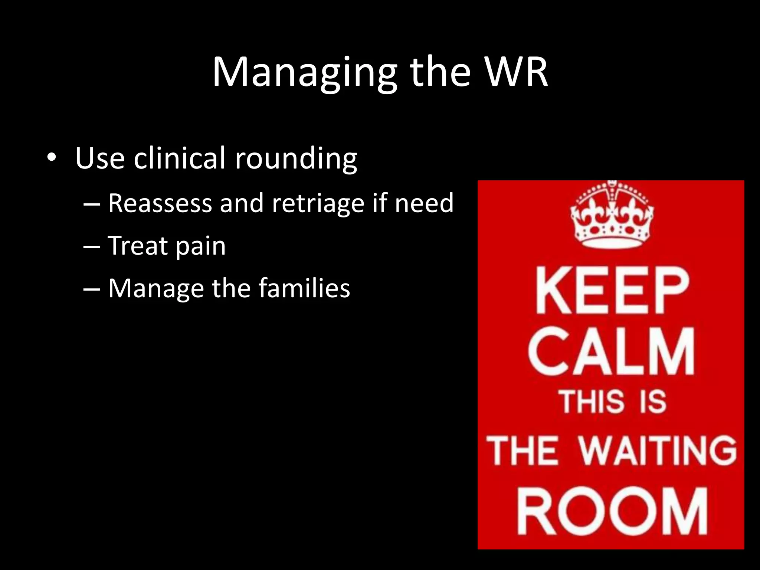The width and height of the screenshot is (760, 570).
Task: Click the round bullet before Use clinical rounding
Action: pos(52,158)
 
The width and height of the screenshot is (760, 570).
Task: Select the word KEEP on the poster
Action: pos(612,290)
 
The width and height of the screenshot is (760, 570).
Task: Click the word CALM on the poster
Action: pos(611,351)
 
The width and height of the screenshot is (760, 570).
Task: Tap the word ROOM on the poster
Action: pos(612,511)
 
